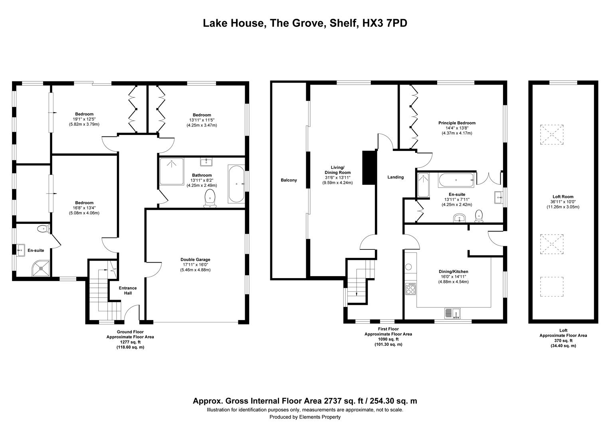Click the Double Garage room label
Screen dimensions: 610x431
195,259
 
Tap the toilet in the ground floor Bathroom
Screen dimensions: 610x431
210,198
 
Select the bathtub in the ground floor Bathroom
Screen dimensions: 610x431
236,184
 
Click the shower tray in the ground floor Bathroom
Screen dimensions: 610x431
172,172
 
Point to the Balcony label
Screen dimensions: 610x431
289,180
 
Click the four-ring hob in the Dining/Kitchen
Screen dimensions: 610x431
410,289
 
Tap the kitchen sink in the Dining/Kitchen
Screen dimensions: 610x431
453,313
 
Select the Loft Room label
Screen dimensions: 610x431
563,197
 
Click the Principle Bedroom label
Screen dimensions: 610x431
457,123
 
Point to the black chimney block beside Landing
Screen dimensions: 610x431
369,168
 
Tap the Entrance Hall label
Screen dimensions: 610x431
128,291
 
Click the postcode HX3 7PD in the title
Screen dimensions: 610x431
384,23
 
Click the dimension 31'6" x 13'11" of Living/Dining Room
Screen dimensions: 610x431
337,178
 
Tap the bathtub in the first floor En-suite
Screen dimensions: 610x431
456,180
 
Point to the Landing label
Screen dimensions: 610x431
395,177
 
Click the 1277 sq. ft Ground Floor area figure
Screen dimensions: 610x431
130,342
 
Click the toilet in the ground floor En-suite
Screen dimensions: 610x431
43,229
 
